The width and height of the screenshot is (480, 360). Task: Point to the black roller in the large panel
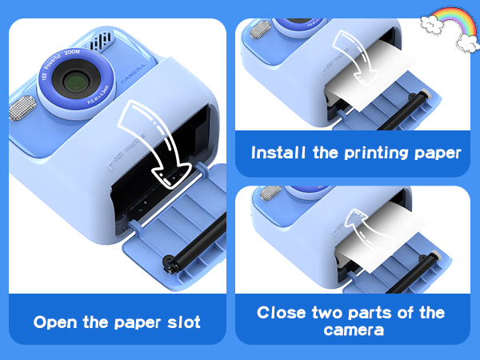193,263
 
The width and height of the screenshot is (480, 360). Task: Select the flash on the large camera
23,106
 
